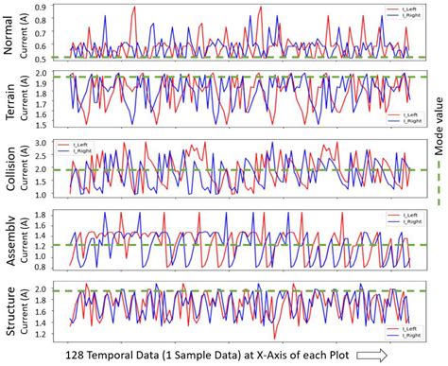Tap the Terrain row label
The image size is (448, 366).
[x=12, y=101]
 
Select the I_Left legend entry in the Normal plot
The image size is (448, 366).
[x=395, y=8]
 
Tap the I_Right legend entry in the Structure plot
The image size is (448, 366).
[x=397, y=336]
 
